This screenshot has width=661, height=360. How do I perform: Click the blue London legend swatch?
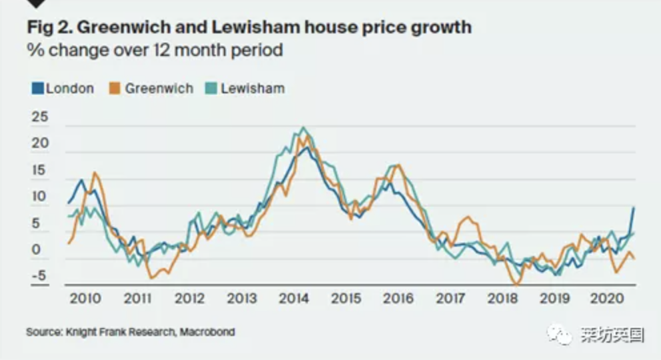pos(37,88)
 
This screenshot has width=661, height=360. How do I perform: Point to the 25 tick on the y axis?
pos(40,117)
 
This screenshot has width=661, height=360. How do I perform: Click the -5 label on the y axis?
pos(40,278)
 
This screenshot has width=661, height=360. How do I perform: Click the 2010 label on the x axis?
pos(86,298)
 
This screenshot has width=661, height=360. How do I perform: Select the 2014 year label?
pos(295,298)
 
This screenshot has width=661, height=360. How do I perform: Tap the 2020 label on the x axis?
pos(607,298)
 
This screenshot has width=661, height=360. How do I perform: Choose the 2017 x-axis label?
pos(451,298)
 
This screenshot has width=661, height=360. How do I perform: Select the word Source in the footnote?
pos(41,331)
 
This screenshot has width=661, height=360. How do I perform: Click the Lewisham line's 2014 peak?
pos(304,127)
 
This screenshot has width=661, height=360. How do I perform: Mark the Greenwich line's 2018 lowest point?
pos(516,284)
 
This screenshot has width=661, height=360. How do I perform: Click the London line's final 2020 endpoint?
pos(634,207)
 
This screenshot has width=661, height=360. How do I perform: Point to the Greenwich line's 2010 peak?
pos(95,173)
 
